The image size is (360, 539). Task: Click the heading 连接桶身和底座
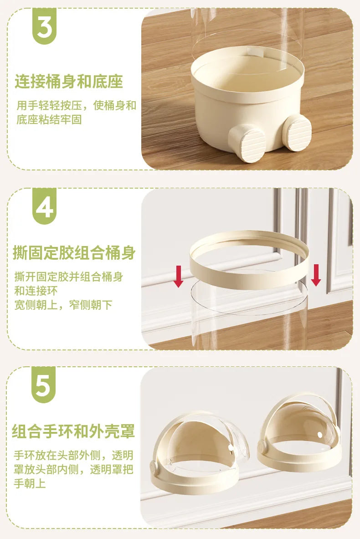click(69, 82)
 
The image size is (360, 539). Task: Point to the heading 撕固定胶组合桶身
click(74, 253)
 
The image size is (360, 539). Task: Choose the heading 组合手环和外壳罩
click(73, 431)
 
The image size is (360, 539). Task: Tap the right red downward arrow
click(316, 275)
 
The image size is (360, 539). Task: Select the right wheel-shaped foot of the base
click(297, 132)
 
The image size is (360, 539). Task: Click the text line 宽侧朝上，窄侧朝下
click(63, 305)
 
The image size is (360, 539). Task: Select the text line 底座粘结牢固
click(49, 120)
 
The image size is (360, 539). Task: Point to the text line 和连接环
click(36, 291)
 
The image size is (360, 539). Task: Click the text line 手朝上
click(30, 483)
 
